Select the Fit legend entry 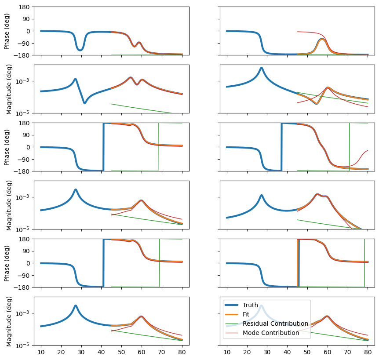click(x=246, y=314)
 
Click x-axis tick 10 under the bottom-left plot click(x=41, y=352)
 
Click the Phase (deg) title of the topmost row click(x=7, y=31)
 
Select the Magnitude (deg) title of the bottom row click(x=9, y=321)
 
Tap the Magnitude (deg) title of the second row click(x=9, y=89)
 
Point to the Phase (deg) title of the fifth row click(x=7, y=263)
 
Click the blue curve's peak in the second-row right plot click(x=262, y=68)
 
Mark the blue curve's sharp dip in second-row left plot click(x=84, y=103)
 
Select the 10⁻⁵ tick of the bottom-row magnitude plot click(x=21, y=345)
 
